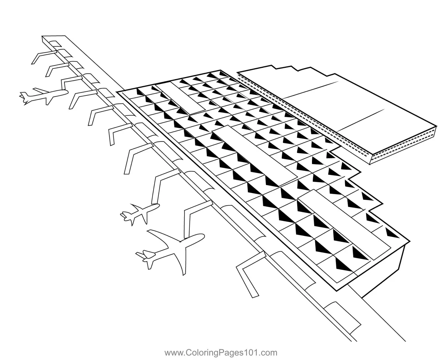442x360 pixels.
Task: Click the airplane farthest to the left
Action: coord(43,96)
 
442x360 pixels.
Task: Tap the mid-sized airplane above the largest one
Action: coord(140,214)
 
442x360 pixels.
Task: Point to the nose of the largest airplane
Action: coord(204,236)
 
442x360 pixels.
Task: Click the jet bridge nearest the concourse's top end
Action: coord(44,56)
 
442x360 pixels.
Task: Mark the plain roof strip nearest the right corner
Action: coord(344,225)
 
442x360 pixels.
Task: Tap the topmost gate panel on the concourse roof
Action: coord(55,44)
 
